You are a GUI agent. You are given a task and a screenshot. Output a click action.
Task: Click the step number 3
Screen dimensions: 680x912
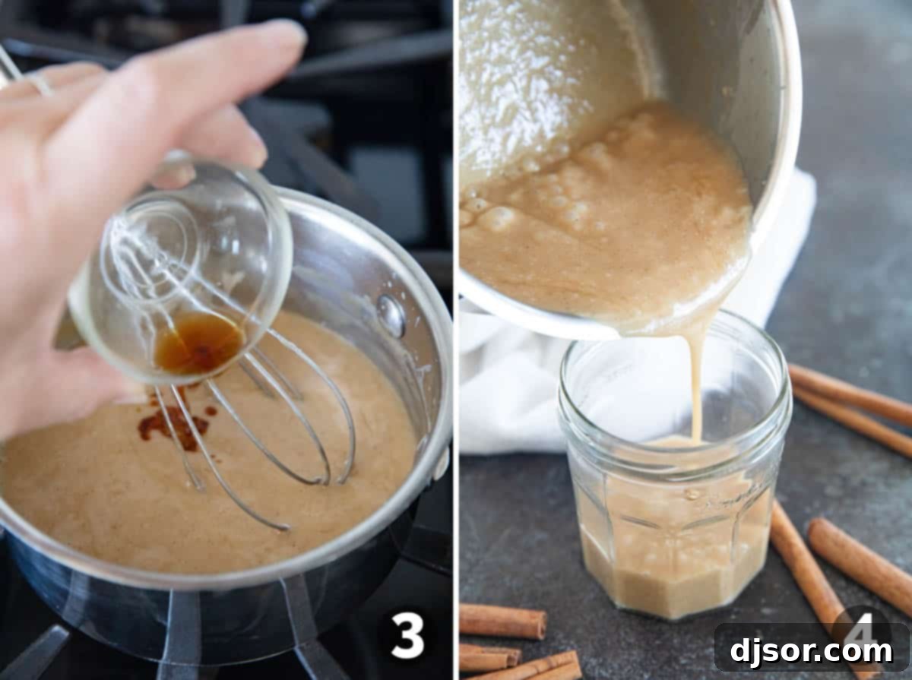tap(407, 634)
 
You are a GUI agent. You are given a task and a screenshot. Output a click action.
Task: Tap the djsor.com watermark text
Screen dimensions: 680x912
tap(811, 651)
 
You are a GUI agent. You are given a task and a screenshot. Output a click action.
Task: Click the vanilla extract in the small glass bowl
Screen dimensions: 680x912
tap(198, 343)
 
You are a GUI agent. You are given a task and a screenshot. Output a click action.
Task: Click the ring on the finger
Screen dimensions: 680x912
tap(38, 84)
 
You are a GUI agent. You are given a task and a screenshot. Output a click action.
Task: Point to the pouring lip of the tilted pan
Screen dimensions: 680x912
tap(684, 323)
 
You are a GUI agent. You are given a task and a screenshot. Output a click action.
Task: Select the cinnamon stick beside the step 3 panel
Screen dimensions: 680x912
tap(502, 621)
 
